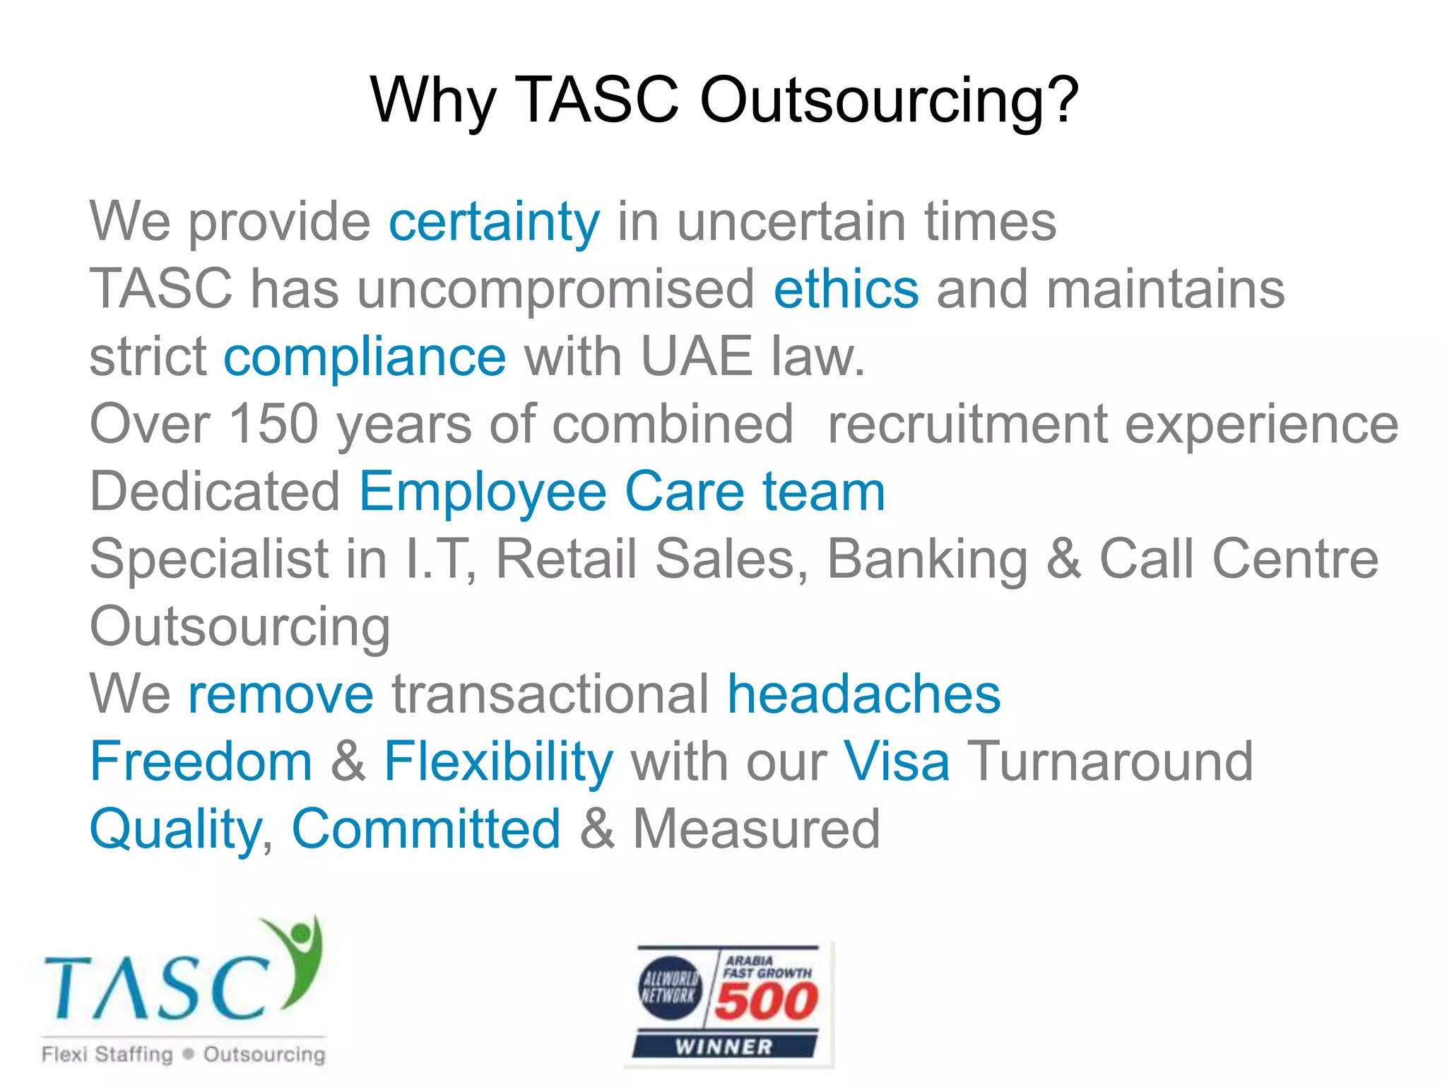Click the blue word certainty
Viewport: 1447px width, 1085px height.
[494, 222]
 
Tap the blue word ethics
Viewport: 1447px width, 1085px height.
[846, 289]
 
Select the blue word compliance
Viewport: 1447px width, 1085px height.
[365, 357]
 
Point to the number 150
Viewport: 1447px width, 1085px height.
[274, 424]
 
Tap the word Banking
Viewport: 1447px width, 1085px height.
[927, 559]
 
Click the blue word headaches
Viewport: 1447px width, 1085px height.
[863, 694]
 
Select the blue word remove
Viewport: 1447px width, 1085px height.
[280, 694]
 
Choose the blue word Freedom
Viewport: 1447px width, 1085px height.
[201, 761]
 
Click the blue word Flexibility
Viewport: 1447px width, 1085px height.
[498, 761]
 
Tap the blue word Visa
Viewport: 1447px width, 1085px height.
[897, 761]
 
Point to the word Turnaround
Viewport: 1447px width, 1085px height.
[1109, 761]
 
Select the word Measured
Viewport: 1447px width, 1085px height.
[756, 829]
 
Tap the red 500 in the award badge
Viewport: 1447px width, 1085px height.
[766, 1002]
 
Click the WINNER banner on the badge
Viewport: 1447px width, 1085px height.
[724, 1046]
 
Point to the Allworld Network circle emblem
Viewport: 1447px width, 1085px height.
[670, 988]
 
